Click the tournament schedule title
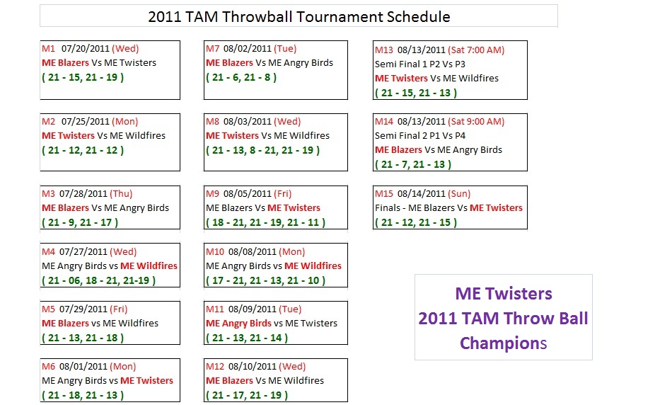tap(299, 17)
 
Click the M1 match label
tap(48, 48)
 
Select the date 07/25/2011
tap(86, 121)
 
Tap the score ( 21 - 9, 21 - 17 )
tap(80, 222)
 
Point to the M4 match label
tap(48, 251)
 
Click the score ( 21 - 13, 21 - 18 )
tap(83, 338)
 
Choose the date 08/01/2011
tap(83, 366)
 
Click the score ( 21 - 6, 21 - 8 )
tap(241, 77)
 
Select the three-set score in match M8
tap(262, 150)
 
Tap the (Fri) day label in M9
tap(283, 193)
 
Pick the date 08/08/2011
tap(253, 251)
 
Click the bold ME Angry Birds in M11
tap(238, 323)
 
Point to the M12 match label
tap(215, 366)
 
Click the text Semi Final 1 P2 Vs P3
tap(420, 64)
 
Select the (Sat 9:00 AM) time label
tap(476, 121)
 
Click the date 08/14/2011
tap(422, 193)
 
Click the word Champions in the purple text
tap(504, 343)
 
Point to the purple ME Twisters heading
tap(504, 293)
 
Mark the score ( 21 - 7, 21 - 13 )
tap(413, 164)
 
